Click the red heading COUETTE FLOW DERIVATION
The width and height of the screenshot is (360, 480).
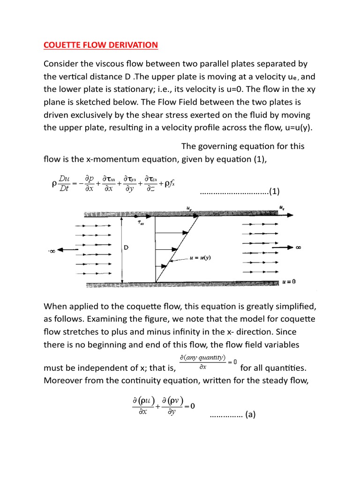coord(101,45)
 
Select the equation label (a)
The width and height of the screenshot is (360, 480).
coord(248,414)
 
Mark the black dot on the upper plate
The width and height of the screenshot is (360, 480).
coord(136,215)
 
